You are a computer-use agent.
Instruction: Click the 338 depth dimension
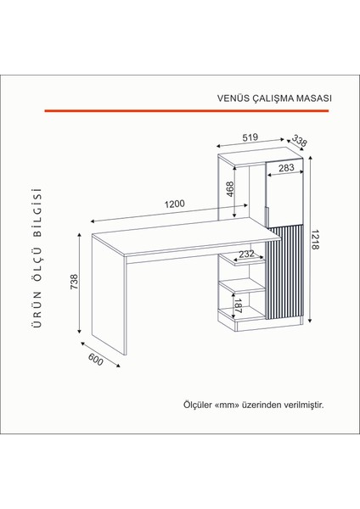(299, 141)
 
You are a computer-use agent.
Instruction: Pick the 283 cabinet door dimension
(286, 169)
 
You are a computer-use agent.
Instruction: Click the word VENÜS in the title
(232, 98)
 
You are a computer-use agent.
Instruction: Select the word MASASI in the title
(312, 98)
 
